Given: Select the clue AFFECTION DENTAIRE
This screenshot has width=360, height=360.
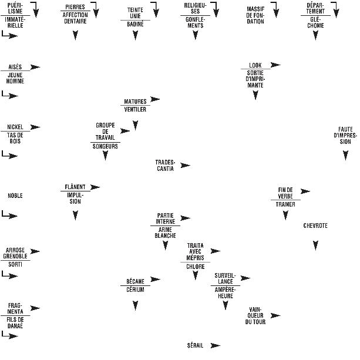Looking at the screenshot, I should pos(75,19).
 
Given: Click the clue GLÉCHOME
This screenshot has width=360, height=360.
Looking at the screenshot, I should pos(315,22).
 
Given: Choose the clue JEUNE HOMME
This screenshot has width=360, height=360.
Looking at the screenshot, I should pos(15,78).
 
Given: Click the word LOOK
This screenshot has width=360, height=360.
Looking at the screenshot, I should pos(255,65).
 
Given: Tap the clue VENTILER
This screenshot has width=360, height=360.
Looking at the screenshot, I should pos(136,109).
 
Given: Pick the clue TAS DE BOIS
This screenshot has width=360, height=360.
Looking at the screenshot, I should pos(15,138).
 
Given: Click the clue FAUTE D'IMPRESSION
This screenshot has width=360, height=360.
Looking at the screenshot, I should pos(345,135).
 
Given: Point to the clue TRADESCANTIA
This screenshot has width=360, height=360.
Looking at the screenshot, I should pos(165,165).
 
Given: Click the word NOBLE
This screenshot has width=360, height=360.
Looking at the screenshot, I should pos(15,196).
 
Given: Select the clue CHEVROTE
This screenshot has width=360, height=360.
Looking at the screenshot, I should pos(315,226).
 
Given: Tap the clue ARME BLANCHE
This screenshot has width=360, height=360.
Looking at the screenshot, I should pos(166,233).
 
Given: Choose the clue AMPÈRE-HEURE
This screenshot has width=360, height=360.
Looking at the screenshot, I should pos(225,292).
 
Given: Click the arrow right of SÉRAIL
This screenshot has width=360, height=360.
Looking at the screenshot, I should pos(215,345).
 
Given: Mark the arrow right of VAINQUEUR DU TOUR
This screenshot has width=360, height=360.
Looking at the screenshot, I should pos(275,315).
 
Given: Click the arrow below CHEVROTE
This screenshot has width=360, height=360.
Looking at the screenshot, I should pos(316,245).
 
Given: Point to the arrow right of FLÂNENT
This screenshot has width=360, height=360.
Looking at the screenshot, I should pos(95,187).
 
